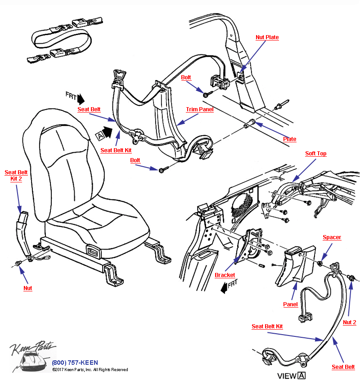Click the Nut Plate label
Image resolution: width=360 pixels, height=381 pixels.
pyautogui.click(x=267, y=37)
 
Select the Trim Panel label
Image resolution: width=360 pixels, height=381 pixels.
pyautogui.click(x=200, y=109)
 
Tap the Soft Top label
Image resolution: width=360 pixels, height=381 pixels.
pyautogui.click(x=316, y=154)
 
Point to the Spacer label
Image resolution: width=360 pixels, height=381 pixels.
pyautogui.click(x=332, y=237)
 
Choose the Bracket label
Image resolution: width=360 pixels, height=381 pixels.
pyautogui.click(x=225, y=275)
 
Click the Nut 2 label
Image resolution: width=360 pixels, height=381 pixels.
pyautogui.click(x=349, y=322)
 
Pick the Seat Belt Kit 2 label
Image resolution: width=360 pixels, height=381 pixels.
pyautogui.click(x=16, y=176)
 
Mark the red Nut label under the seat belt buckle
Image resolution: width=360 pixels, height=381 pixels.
pyautogui.click(x=28, y=288)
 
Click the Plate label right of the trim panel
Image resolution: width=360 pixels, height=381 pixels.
pyautogui.click(x=290, y=139)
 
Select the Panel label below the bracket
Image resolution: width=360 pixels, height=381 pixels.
pyautogui.click(x=290, y=304)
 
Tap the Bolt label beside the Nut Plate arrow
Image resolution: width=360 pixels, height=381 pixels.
pyautogui.click(x=186, y=77)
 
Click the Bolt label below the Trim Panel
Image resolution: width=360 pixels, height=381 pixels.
pyautogui.click(x=135, y=160)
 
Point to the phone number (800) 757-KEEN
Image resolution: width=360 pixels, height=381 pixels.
pyautogui.click(x=75, y=363)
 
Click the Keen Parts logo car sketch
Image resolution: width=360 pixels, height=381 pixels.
pyautogui.click(x=31, y=360)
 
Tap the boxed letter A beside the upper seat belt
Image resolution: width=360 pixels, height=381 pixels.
pyautogui.click(x=99, y=134)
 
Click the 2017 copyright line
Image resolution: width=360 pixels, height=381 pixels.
pyautogui.click(x=90, y=370)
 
